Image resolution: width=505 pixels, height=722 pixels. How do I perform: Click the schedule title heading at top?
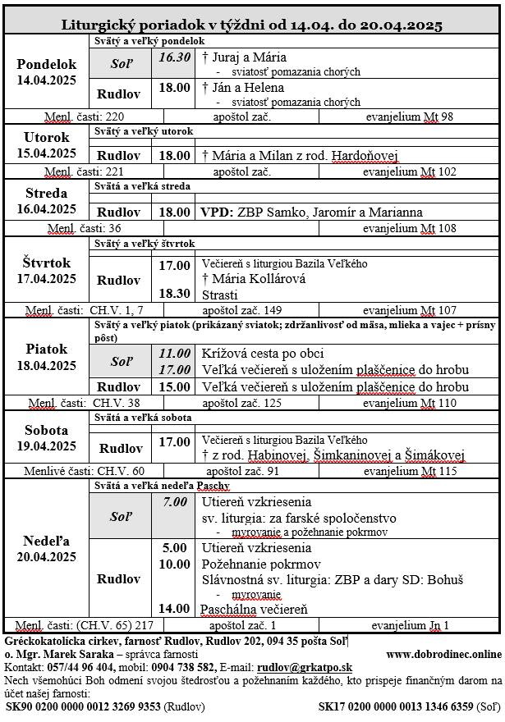coord(251,25)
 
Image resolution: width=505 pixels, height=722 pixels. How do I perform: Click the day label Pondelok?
coord(47,64)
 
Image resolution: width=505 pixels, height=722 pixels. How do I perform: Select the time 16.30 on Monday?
coord(174,57)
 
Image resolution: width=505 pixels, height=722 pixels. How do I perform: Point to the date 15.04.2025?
coord(47,153)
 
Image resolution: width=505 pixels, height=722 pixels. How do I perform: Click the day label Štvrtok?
coord(47,263)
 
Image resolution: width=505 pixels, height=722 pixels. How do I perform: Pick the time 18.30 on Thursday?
coord(174,293)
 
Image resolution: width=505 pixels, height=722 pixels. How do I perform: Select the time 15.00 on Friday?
coord(174,386)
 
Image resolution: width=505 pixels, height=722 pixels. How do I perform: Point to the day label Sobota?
coord(47,430)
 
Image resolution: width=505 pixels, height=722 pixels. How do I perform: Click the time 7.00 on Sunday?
coord(174,501)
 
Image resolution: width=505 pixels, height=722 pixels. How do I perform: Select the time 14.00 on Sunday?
coord(174,609)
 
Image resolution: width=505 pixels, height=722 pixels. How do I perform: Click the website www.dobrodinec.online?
coord(454,654)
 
